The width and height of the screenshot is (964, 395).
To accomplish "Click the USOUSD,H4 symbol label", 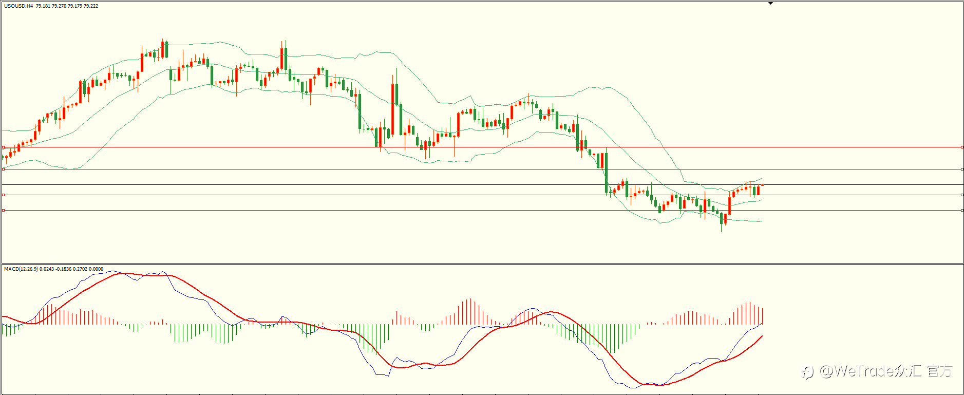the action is (x=18, y=6).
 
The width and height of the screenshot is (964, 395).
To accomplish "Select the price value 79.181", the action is (x=43, y=6).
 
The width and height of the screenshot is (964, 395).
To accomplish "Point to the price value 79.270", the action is (x=59, y=6).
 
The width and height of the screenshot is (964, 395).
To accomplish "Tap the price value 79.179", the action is (x=75, y=6).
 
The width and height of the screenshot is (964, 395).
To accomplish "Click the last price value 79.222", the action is (x=91, y=6).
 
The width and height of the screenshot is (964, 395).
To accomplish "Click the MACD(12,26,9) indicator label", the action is (x=21, y=269).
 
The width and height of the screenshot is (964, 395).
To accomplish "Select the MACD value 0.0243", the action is (x=46, y=269).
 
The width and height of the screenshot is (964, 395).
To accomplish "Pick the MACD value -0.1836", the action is (x=64, y=269).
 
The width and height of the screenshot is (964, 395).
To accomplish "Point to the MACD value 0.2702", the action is (x=80, y=269).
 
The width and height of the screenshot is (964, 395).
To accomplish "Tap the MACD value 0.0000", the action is (x=96, y=269).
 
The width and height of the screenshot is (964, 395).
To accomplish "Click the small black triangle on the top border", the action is (x=770, y=3).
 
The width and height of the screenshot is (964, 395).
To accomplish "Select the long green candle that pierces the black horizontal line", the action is (x=607, y=173).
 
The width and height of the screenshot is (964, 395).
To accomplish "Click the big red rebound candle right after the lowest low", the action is (x=729, y=205).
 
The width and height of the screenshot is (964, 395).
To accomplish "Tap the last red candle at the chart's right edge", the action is (x=758, y=190).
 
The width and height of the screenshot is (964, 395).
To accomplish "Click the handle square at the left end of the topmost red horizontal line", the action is (x=3, y=147).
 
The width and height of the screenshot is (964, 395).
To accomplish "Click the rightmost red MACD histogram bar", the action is (x=763, y=316).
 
